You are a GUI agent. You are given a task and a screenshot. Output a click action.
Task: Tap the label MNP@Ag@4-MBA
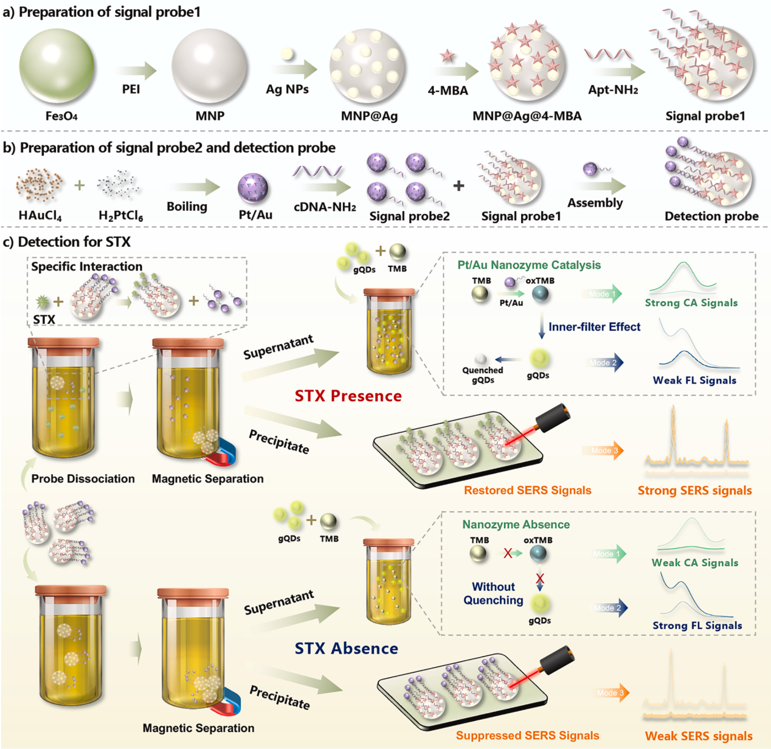(527, 116)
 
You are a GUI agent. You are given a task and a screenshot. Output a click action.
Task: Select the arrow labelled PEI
(133, 71)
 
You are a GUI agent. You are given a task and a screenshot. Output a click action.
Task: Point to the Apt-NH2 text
(613, 90)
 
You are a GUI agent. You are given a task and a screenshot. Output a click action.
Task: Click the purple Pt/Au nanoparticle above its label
(253, 188)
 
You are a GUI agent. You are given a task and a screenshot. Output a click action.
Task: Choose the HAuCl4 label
(40, 215)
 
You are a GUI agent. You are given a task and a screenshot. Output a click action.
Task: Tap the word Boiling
(187, 206)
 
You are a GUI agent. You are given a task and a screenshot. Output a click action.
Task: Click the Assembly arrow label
(595, 202)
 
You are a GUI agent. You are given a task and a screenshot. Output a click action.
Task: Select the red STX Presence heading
(348, 396)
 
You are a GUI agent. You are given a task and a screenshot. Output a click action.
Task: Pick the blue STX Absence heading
(346, 648)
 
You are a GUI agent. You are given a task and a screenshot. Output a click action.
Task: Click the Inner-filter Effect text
(594, 326)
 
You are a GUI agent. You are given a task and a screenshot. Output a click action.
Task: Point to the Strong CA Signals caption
(691, 303)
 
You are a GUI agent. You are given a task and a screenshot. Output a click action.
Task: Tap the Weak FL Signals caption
(694, 380)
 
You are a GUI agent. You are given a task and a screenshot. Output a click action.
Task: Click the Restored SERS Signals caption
(527, 490)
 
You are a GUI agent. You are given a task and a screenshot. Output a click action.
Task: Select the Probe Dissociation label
(83, 478)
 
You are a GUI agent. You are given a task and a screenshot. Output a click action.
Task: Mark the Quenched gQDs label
(482, 375)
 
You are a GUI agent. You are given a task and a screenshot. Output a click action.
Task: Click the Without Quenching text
(493, 593)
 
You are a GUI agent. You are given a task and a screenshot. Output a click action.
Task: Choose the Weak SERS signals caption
(699, 736)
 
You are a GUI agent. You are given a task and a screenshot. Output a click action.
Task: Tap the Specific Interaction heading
(86, 266)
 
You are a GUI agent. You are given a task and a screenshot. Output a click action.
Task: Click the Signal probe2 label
(409, 216)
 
